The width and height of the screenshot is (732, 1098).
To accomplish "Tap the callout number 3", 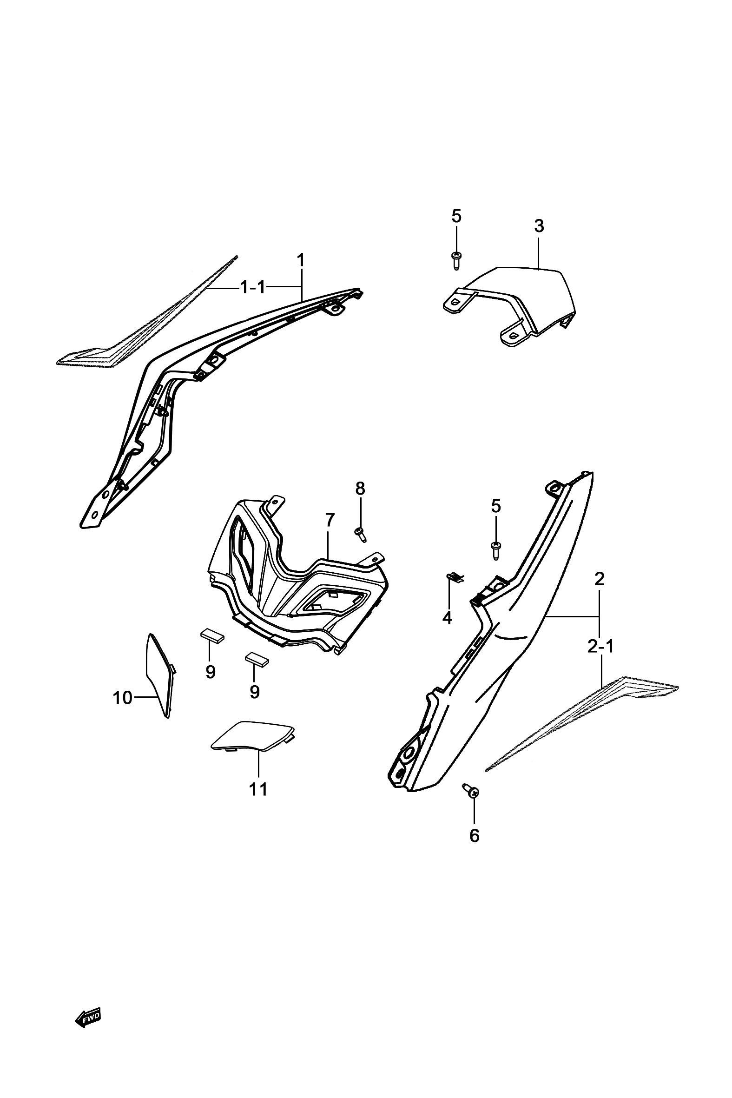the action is click(539, 226).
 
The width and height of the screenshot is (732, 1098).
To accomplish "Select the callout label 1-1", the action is click(252, 287).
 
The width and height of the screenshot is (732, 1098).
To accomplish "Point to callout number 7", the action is click(330, 519).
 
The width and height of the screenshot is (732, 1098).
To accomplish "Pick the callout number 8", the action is click(360, 488).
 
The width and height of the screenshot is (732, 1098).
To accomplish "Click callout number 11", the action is click(258, 789).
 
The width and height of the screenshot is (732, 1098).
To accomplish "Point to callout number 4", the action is click(447, 618).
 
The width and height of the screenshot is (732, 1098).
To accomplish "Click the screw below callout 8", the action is click(360, 534).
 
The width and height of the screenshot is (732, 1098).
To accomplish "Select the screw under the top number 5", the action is click(456, 259).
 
